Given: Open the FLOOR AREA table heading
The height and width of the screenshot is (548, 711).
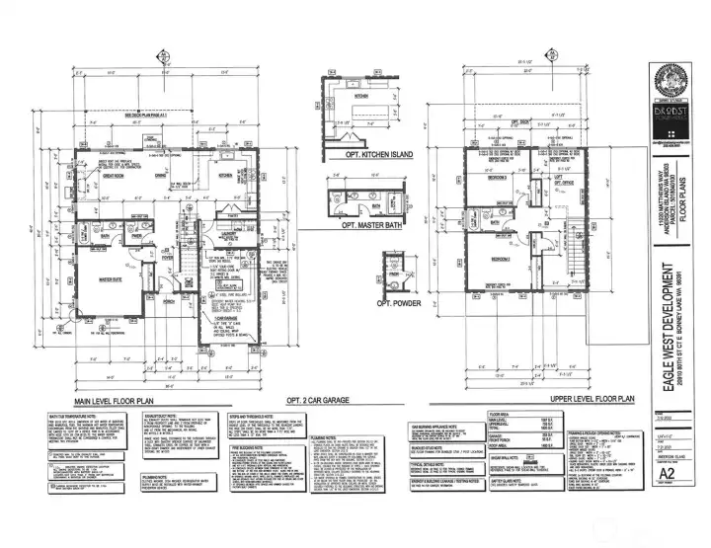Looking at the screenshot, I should [499, 414].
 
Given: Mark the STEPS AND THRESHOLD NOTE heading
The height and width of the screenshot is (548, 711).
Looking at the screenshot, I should [252, 417].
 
